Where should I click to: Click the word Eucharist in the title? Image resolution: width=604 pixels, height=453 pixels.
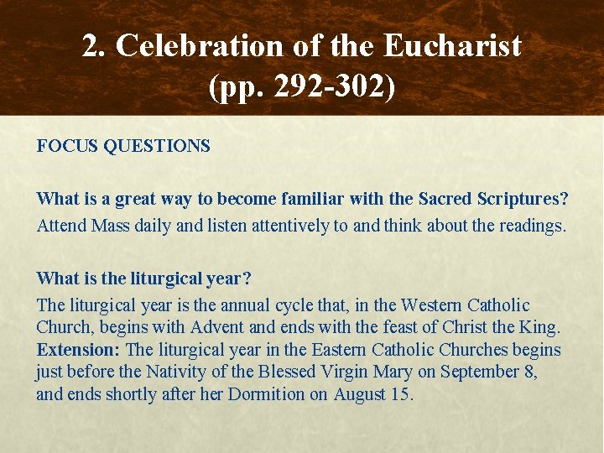tap(452, 46)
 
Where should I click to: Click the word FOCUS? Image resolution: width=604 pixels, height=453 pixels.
tap(65, 146)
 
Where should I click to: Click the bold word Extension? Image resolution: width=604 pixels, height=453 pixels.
tap(78, 350)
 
